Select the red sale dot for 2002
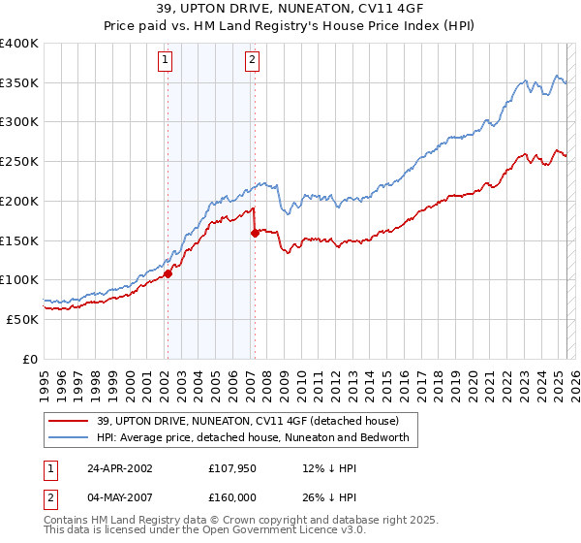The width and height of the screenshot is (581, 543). click(x=168, y=273)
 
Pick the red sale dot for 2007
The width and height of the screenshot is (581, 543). click(x=254, y=233)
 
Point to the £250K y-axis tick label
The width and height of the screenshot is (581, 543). click(x=19, y=162)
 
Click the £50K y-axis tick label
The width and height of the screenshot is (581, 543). click(x=23, y=319)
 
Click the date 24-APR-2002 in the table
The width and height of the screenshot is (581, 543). click(x=119, y=468)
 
